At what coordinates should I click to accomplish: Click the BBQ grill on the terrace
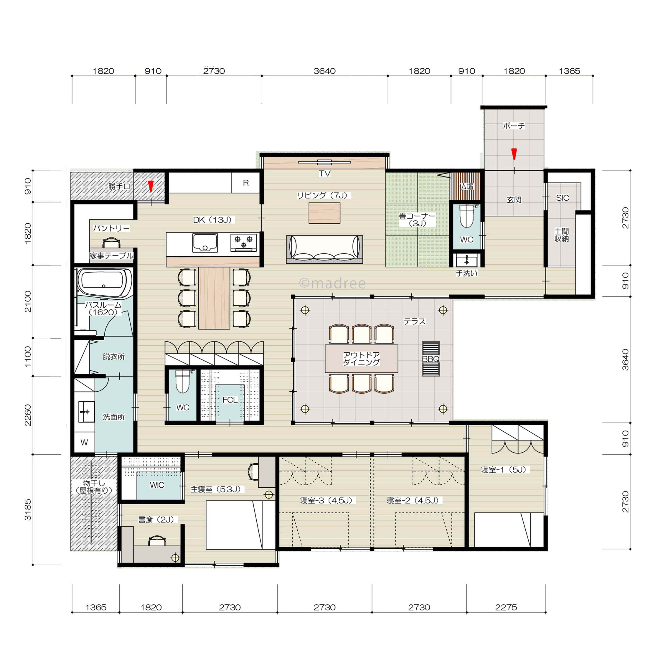[x=431, y=359]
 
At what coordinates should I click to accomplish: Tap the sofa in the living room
[x=324, y=249]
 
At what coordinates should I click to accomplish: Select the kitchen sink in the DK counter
[x=205, y=243]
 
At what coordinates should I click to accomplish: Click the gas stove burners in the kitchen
[x=243, y=241]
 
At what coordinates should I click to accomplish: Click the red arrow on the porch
[x=514, y=154]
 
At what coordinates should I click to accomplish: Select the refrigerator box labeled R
[x=245, y=183]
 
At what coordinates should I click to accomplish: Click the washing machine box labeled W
[x=84, y=442]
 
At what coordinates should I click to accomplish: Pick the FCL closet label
[x=230, y=400]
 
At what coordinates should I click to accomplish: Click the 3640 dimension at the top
[x=325, y=71]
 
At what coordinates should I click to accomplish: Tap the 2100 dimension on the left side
[x=28, y=301]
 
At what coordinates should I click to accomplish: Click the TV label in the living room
[x=325, y=174]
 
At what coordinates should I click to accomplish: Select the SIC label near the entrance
[x=563, y=198]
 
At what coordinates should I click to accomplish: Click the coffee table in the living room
[x=324, y=213]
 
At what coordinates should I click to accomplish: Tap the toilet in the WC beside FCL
[x=183, y=381]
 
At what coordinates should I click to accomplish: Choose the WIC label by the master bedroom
[x=157, y=485]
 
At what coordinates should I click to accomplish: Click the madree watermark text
[x=332, y=283]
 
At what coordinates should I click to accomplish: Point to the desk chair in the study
[x=157, y=541]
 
